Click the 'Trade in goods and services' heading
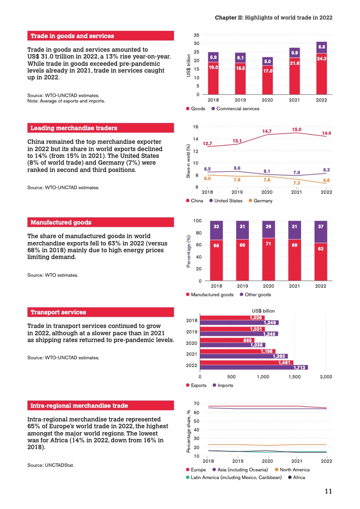pos(72,36)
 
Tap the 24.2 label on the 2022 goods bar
pos(321,59)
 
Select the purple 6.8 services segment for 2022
pos(321,47)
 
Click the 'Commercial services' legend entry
pos(238,108)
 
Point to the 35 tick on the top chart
pos(196,35)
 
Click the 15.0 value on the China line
pos(296,129)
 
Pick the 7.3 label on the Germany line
pos(296,183)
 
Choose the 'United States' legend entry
pos(228,201)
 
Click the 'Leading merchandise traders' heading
pos(74,128)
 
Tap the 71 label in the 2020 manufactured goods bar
pos(268,245)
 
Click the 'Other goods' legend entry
pos(258,294)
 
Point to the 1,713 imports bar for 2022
pos(254,367)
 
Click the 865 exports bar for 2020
pos(227,340)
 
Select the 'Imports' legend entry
pos(225,385)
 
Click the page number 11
pos(329,491)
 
